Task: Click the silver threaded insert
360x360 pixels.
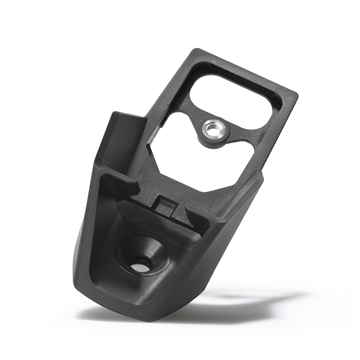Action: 214,128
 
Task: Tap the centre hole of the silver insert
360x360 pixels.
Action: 214,128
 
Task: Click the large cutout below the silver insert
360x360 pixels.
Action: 200,170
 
